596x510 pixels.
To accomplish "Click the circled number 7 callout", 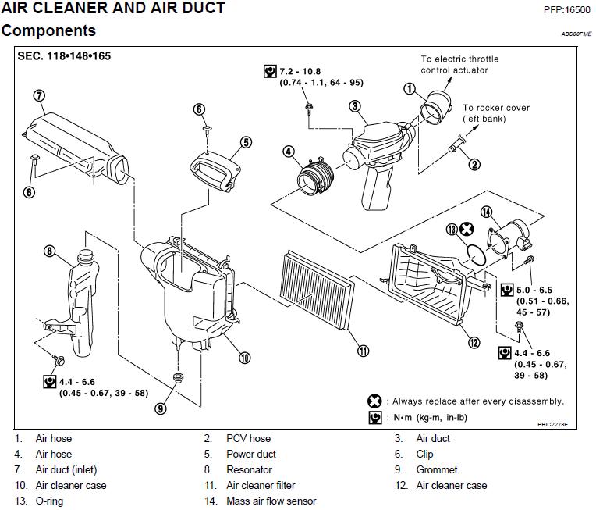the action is tap(40, 95).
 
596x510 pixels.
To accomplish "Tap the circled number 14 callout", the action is tap(487, 212).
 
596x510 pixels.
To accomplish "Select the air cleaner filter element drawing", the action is tap(317, 290).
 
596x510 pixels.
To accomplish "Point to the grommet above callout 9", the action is tap(178, 377).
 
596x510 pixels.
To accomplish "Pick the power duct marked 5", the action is tap(215, 171).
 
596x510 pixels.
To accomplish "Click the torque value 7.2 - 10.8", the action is tap(300, 72).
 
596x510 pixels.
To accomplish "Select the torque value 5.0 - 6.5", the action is tap(534, 290).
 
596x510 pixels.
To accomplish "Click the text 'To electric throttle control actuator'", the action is tap(459, 64).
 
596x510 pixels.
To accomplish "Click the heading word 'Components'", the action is tap(48, 30).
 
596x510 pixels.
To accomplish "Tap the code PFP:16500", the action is tap(566, 10).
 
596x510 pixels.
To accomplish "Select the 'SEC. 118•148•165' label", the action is tap(64, 56).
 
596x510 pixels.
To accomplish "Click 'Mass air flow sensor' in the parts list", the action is tap(271, 501).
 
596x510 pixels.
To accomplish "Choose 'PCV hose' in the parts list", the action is tap(249, 438).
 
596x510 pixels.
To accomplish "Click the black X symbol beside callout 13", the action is tap(467, 229).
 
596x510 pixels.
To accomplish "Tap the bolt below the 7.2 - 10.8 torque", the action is tap(309, 108).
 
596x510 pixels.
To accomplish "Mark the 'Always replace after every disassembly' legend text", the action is tap(477, 401).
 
